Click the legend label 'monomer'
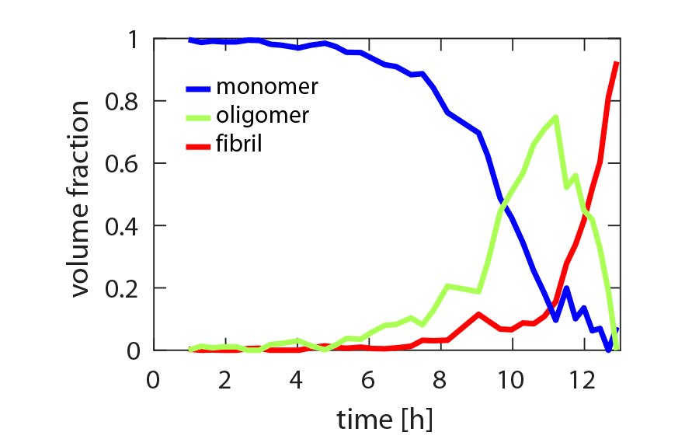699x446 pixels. point(267,85)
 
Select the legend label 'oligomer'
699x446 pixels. point(263,115)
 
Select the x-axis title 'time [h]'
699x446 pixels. point(384,420)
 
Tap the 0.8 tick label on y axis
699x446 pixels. point(127,102)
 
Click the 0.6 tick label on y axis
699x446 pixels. point(127,164)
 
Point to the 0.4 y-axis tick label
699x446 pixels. point(127,226)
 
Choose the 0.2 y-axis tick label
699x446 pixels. point(127,288)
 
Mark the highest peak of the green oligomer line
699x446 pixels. point(555,117)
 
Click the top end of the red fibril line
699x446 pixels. point(616,63)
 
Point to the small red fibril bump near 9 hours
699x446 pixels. point(478,314)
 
